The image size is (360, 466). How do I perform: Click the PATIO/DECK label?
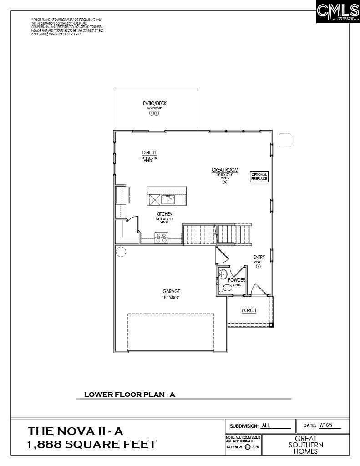click(x=155, y=104)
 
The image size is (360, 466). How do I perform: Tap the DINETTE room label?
click(x=150, y=152)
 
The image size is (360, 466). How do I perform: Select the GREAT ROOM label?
click(x=225, y=170)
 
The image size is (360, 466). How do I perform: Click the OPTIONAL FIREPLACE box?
click(x=259, y=177)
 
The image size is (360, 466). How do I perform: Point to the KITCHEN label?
click(x=164, y=214)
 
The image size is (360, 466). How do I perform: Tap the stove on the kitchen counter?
click(x=162, y=237)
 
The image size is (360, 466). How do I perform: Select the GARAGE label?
click(x=171, y=291)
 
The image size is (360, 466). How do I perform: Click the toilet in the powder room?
click(x=225, y=287)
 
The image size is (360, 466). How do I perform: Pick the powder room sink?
click(x=223, y=274)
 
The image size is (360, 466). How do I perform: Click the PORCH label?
click(x=249, y=310)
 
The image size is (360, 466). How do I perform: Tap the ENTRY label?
click(x=259, y=258)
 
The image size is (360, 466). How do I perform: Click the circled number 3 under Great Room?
click(x=225, y=182)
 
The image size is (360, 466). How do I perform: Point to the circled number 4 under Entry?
click(x=259, y=267)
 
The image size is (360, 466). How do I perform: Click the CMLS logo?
click(x=337, y=12)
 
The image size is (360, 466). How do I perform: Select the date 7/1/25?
click(x=326, y=425)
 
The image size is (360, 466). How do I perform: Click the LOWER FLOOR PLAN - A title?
click(x=129, y=395)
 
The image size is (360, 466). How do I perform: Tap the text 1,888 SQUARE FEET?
click(x=92, y=445)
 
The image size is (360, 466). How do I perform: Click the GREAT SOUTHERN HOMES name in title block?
click(x=305, y=445)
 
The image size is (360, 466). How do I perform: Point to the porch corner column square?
click(x=271, y=325)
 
